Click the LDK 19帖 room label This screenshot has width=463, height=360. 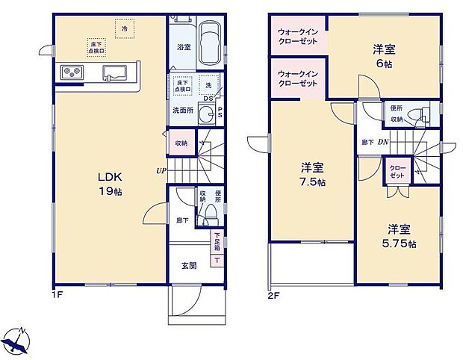pos(110,184)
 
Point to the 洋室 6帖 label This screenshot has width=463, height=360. pos(385,58)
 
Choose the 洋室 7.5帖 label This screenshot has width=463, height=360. pos(312,173)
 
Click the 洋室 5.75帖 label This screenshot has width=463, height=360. pos(400,236)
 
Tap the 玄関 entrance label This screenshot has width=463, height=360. pos(189,264)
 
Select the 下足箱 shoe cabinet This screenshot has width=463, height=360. pos(216,250)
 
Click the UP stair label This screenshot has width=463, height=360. pos(161,170)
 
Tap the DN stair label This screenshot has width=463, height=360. pos(382,142)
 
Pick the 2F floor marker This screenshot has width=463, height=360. pos(273,294)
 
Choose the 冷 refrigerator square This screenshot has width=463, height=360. pos(124,27)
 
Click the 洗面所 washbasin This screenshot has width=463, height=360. pos(209,114)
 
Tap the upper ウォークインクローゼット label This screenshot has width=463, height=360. pos(298,37)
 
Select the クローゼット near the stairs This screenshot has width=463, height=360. pos(396,171)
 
